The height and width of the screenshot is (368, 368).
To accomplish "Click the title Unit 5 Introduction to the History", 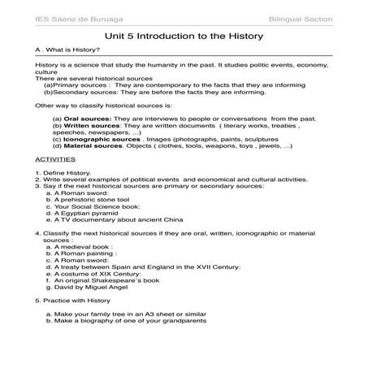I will tap(183, 36).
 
